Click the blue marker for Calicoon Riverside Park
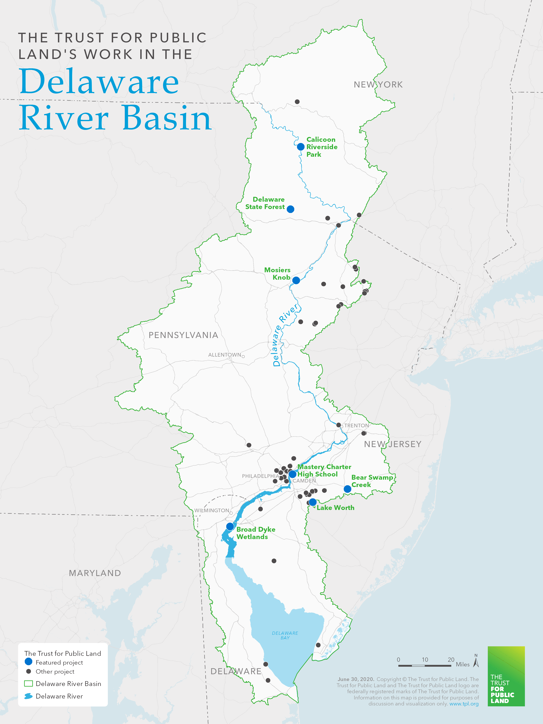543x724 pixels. [x=300, y=147]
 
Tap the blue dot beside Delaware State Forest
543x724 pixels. [x=290, y=209]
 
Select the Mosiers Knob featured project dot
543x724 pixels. [x=296, y=280]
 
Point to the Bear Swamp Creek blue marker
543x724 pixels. [x=347, y=489]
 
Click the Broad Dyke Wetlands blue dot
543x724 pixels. [x=230, y=526]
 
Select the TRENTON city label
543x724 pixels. [x=356, y=426]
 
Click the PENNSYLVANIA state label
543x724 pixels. [x=183, y=335]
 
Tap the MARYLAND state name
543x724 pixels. [x=95, y=573]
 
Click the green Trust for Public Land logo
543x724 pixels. [x=506, y=676]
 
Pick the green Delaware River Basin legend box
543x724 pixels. [x=29, y=683]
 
